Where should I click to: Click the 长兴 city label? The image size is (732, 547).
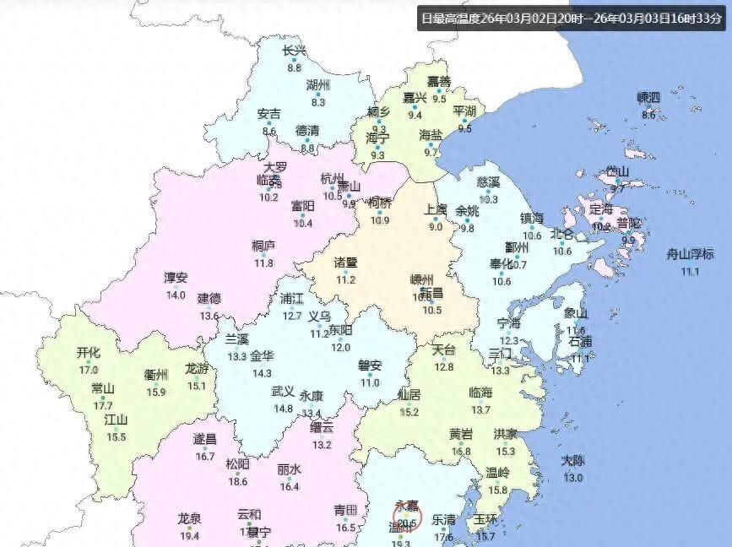pos(294,51)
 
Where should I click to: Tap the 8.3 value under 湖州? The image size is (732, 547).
pos(318,102)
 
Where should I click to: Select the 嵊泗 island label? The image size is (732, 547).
pos(648,97)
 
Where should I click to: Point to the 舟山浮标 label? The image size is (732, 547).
pos(690,254)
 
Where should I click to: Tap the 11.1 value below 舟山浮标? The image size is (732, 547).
pos(690,271)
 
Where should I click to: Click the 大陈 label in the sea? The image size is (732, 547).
pos(572,461)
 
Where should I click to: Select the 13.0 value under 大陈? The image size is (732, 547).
pos(572,478)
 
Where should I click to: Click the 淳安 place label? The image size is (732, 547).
pos(176,278)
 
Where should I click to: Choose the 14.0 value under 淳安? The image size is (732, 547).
pos(176,295)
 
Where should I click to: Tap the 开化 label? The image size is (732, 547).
pos(88,353)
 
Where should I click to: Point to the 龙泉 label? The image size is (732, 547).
pos(189,518)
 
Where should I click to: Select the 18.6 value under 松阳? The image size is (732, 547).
pos(238,481)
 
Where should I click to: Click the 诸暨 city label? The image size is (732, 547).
pos(345,263)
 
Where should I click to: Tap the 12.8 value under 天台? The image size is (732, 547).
pos(443,366)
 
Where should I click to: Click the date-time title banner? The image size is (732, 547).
pos(571,18)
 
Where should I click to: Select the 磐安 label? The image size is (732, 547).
pos(370,366)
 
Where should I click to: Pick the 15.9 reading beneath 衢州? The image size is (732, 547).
pos(156,392)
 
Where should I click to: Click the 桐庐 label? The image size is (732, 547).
pos(263,246)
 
